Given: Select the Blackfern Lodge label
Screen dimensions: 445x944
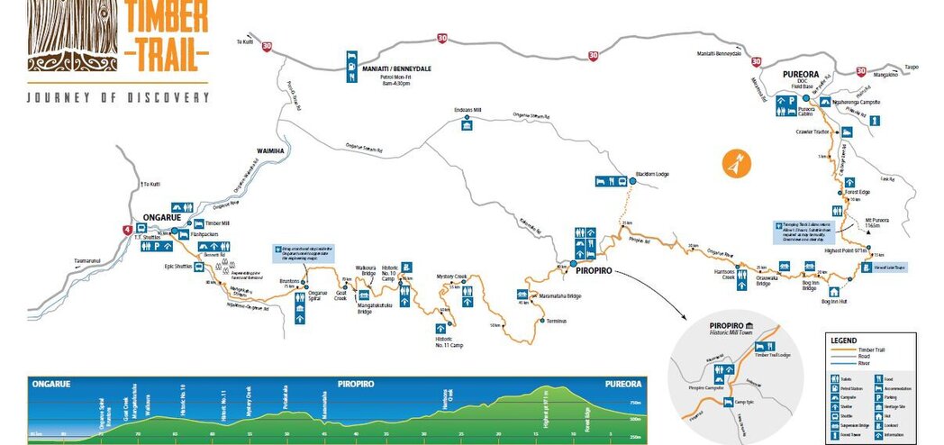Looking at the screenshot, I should pyautogui.click(x=653, y=174).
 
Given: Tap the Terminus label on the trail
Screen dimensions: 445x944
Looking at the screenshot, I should pyautogui.click(x=557, y=322).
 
